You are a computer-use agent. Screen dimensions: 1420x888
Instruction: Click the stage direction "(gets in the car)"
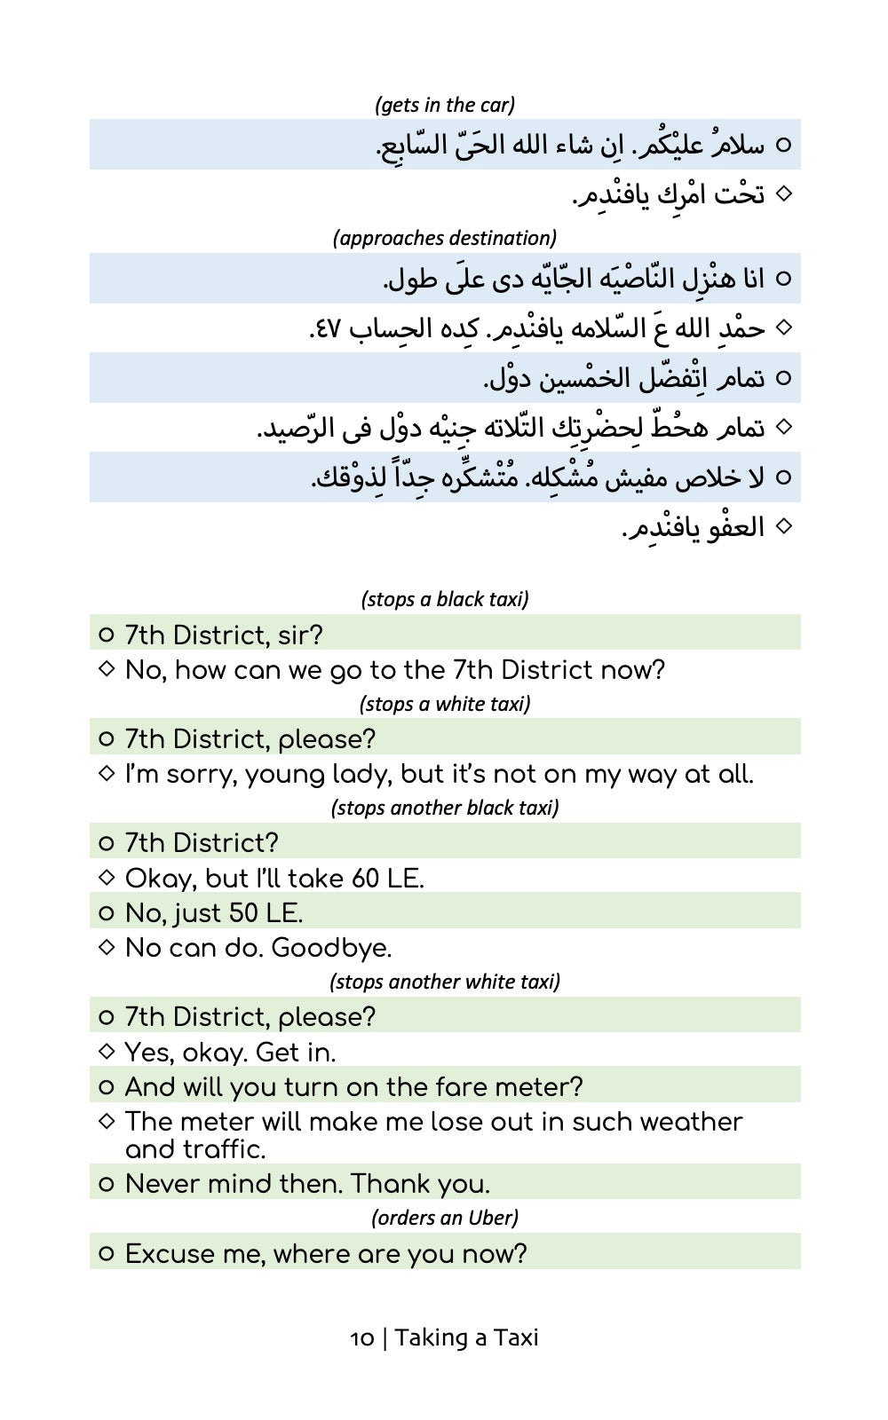click(x=444, y=105)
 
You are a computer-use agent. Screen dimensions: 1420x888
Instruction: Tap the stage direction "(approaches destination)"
click(x=444, y=238)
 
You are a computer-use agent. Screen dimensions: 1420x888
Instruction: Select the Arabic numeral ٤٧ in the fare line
click(x=323, y=329)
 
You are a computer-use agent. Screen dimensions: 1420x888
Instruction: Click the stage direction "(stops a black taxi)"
click(x=444, y=599)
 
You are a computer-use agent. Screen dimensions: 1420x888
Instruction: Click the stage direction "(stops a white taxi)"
click(x=444, y=704)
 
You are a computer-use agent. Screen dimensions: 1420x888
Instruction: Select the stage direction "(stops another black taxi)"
click(x=444, y=808)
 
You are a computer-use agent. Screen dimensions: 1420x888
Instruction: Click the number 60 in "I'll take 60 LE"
click(x=365, y=879)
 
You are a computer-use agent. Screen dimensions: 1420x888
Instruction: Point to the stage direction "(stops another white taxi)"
click(x=444, y=982)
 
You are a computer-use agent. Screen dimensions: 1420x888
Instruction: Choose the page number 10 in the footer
click(x=362, y=1338)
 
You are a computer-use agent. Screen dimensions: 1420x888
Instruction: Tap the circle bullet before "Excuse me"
click(x=107, y=1254)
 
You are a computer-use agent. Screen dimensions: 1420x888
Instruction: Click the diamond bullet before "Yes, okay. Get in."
click(x=107, y=1052)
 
